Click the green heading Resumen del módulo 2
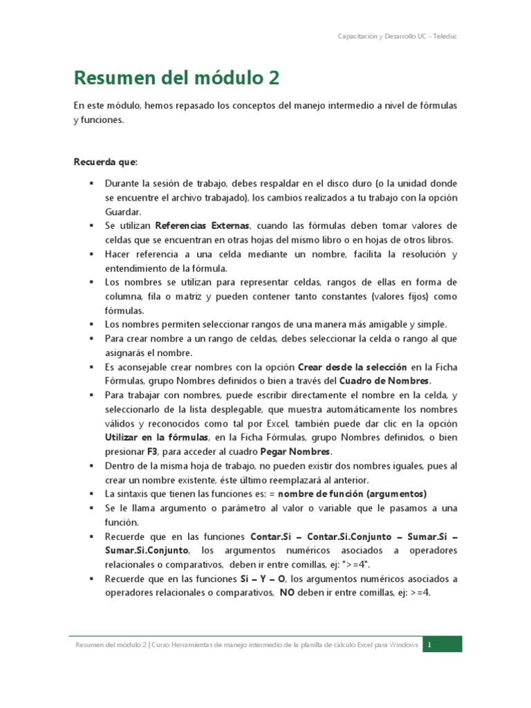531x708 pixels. click(176, 78)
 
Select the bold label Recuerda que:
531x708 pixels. click(106, 162)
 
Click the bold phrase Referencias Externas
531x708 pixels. click(202, 225)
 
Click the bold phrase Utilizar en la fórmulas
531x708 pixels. click(156, 438)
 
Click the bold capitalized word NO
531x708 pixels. click(287, 593)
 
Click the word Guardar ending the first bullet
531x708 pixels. click(123, 212)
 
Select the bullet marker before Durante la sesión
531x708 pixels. click(91, 183)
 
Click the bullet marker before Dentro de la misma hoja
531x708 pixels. click(91, 466)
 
